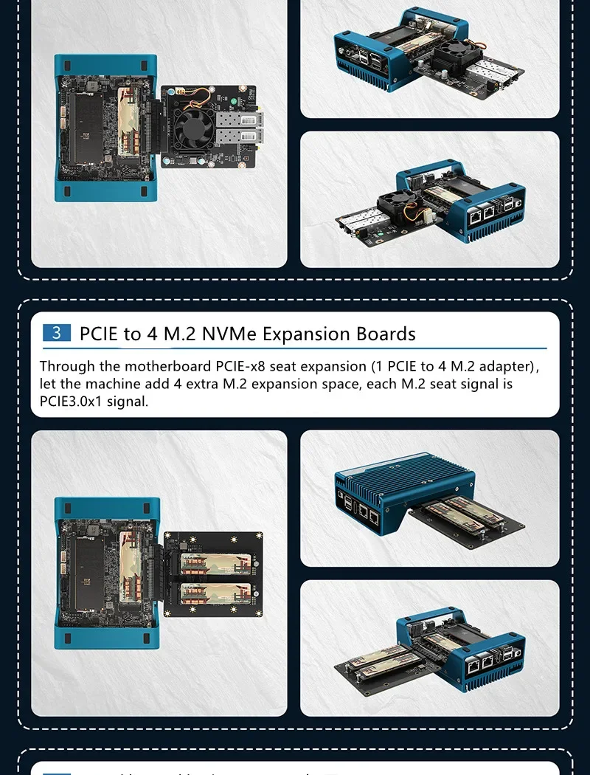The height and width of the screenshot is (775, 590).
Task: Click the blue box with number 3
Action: pos(56,333)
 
